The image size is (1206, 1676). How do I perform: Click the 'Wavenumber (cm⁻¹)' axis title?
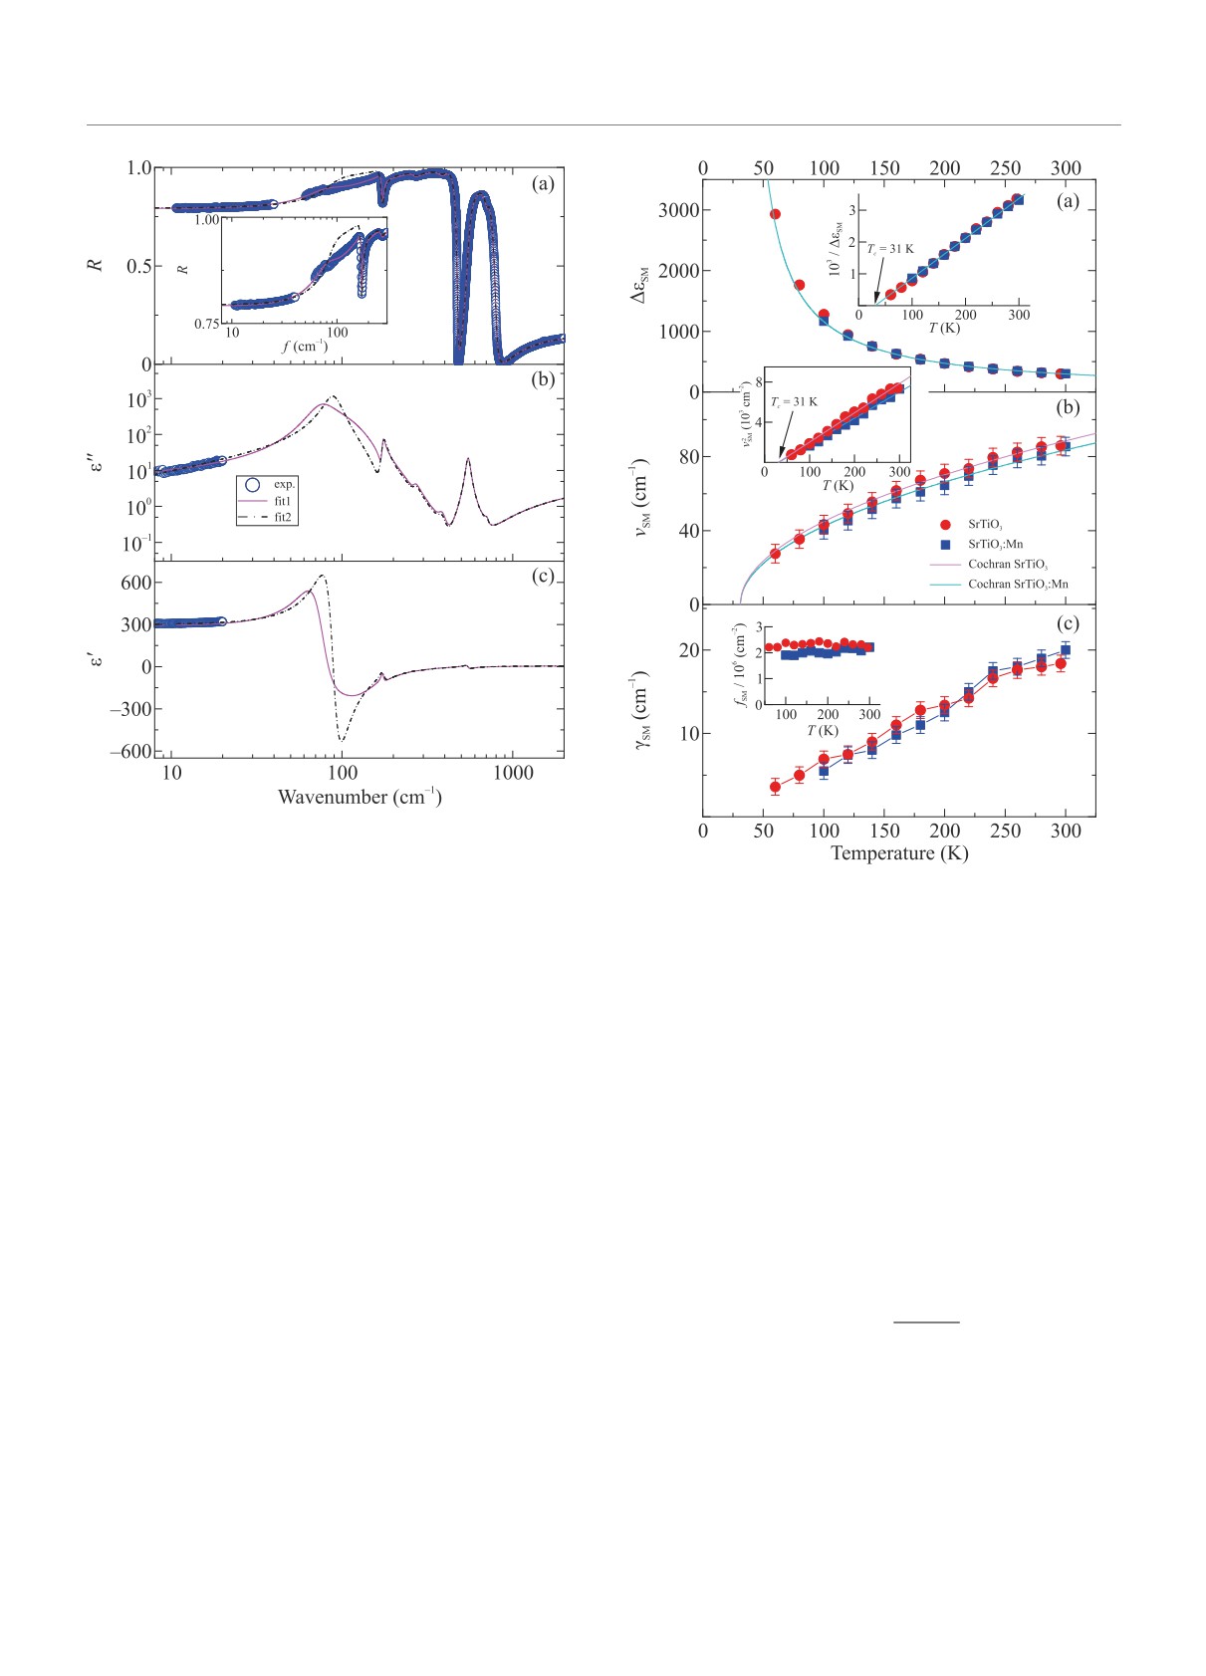(x=360, y=797)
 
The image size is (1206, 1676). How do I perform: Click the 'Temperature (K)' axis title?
(x=899, y=853)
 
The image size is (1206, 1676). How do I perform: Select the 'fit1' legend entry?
(x=283, y=501)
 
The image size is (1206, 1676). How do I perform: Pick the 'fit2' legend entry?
(x=283, y=517)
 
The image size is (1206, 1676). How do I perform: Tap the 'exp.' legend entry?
(x=285, y=484)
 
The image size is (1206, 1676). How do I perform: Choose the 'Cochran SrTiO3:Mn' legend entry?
(x=1018, y=584)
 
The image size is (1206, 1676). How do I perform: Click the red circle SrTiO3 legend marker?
(x=945, y=524)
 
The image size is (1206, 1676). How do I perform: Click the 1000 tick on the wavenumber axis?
(x=513, y=774)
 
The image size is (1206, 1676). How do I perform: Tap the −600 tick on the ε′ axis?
(x=130, y=752)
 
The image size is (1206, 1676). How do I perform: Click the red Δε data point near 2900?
(x=775, y=214)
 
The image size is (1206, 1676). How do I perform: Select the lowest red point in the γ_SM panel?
(x=775, y=787)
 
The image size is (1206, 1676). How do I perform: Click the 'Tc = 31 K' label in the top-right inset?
(x=890, y=249)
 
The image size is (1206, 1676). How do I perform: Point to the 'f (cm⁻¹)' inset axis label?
(x=305, y=347)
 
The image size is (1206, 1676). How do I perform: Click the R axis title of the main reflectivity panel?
(x=97, y=266)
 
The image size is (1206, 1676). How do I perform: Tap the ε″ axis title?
(x=97, y=462)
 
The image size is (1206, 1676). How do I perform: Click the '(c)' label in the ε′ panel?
(x=543, y=576)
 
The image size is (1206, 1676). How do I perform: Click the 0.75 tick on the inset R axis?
(x=205, y=324)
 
